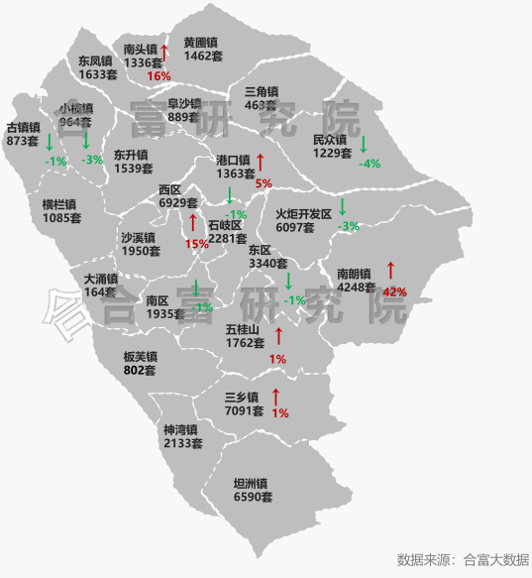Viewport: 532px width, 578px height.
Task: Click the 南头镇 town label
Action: coord(141,50)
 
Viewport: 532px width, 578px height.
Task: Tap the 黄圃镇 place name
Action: coord(202,43)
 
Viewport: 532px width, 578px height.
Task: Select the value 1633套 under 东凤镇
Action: coord(98,74)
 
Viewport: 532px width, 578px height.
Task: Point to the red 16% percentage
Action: coord(159,76)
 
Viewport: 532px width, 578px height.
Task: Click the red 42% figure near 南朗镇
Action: coord(394,291)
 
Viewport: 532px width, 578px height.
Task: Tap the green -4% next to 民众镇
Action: coord(370,164)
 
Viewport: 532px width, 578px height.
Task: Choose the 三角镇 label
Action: coord(261,91)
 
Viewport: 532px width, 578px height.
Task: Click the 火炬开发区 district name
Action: coord(303,213)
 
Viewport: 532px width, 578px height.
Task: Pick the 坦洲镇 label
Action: coord(253,483)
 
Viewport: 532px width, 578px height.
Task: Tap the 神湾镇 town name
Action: coord(181,430)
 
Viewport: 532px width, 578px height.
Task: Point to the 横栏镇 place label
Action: coord(61,204)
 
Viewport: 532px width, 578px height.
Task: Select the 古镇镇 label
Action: coord(23,128)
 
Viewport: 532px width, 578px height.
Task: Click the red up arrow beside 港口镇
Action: coord(261,163)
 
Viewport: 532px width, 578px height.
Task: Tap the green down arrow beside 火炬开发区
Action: coord(342,207)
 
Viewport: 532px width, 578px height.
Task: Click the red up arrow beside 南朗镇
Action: coord(390,270)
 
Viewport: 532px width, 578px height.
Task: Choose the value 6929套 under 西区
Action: coord(179,202)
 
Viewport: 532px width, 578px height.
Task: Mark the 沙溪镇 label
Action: coord(139,238)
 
